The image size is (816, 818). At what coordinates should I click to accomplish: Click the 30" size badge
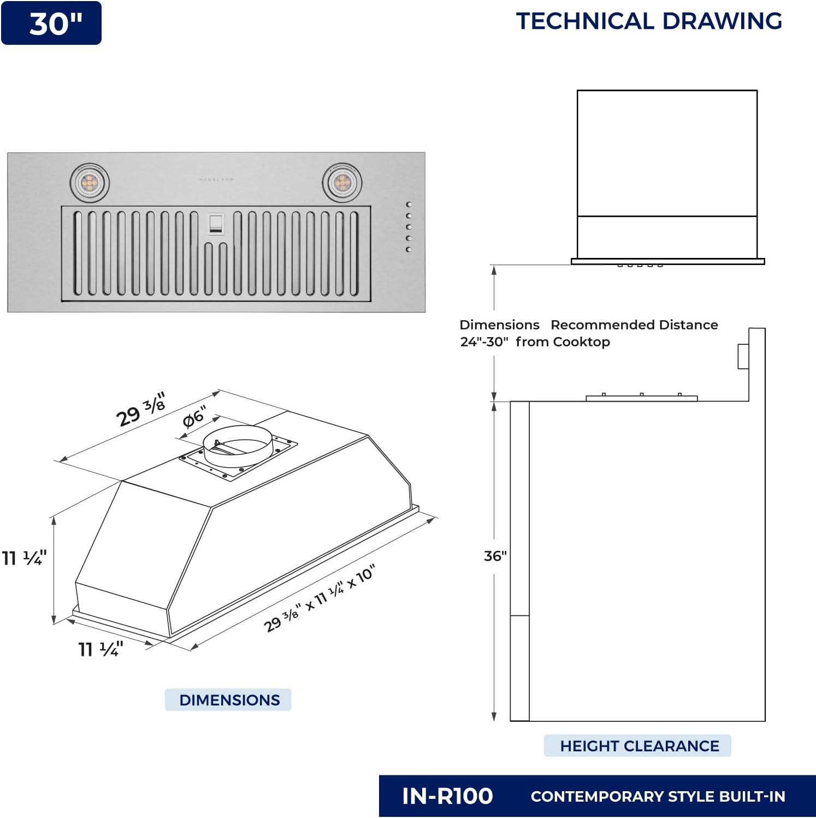(x=51, y=23)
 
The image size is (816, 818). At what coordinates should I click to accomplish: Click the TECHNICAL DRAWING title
(x=649, y=21)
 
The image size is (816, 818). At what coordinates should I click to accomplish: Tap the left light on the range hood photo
(x=90, y=183)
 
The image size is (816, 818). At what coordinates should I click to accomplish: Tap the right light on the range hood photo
(x=342, y=183)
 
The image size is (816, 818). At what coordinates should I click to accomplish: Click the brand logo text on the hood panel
(x=216, y=179)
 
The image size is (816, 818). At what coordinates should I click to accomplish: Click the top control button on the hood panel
(x=409, y=204)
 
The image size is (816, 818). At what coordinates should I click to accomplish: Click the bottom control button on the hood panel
(x=409, y=250)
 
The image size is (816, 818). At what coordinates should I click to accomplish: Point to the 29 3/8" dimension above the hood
(x=140, y=410)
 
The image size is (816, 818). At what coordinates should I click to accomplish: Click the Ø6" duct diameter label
(x=194, y=417)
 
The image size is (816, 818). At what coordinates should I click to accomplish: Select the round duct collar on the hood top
(x=238, y=445)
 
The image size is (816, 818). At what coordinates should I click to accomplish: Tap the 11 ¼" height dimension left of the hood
(x=24, y=558)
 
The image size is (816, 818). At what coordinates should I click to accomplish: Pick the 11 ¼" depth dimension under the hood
(x=100, y=649)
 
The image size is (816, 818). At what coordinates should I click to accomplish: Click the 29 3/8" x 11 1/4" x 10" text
(x=320, y=598)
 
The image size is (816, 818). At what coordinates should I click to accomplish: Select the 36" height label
(x=495, y=556)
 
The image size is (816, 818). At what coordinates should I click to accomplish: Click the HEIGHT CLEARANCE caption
(x=638, y=746)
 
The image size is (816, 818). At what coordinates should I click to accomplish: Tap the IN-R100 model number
(x=447, y=796)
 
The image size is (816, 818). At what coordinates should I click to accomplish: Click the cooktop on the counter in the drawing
(x=641, y=397)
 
